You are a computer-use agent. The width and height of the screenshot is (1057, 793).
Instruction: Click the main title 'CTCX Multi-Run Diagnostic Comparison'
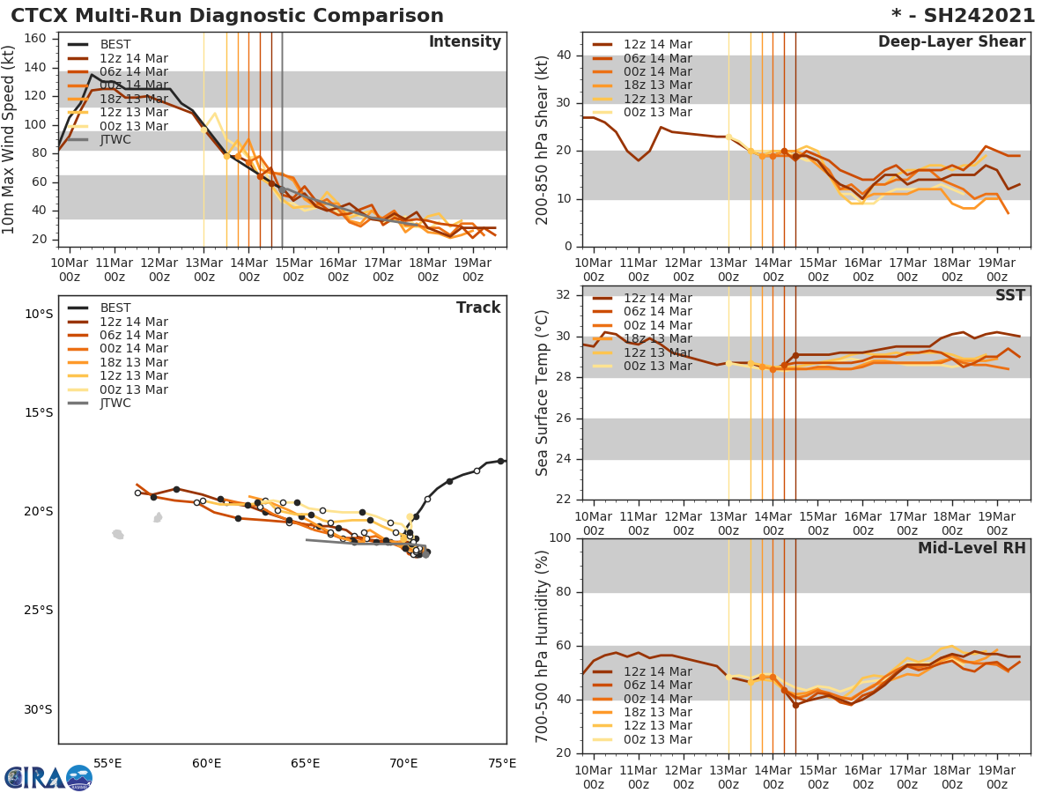227,16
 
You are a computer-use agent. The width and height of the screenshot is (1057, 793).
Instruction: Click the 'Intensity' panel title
464,42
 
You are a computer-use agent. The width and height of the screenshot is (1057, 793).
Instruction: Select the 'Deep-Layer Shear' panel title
951,42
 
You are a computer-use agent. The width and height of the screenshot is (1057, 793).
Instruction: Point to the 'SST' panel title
1010,295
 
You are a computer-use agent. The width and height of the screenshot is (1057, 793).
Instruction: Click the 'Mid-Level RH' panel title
972,549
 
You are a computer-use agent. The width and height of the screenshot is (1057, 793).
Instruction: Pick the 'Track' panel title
478,308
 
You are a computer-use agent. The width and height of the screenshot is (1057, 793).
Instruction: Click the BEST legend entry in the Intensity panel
115,44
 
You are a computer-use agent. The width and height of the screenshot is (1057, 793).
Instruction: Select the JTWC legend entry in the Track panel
115,404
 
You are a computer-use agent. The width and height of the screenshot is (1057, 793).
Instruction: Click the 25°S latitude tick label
38,610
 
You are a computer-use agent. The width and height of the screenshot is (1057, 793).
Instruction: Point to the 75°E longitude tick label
502,763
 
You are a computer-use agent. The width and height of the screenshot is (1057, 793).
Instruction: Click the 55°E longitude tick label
107,763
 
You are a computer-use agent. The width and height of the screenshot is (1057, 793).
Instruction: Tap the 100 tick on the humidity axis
561,538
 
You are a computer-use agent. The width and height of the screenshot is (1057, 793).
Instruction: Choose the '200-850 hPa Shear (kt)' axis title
543,139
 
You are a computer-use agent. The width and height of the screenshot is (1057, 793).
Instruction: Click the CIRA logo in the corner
48,777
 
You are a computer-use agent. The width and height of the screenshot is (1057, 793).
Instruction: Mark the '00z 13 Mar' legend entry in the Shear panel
657,113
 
